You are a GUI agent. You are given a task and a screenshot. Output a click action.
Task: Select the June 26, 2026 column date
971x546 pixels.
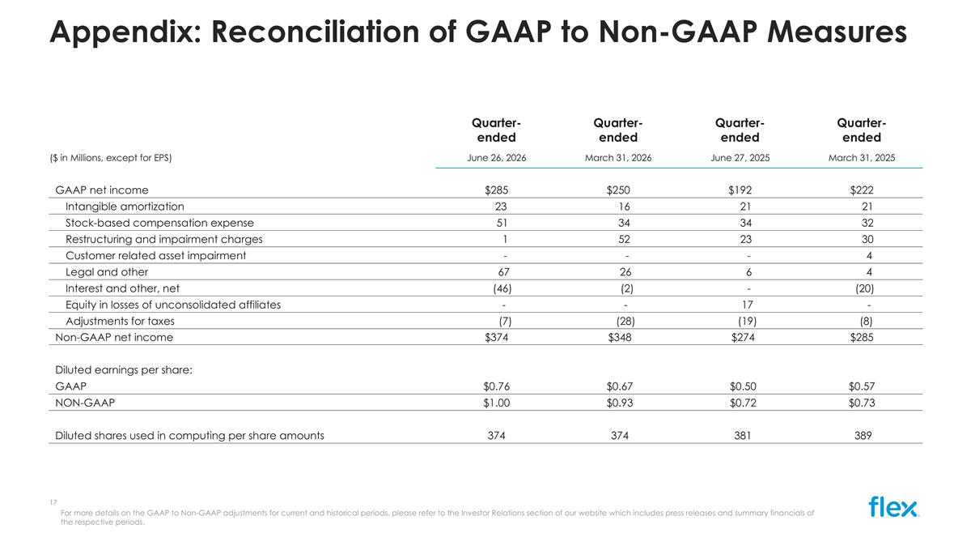point(496,158)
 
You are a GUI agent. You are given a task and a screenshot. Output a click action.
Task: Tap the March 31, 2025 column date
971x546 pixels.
point(862,158)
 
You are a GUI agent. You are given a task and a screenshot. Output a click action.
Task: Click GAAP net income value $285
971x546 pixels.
point(496,190)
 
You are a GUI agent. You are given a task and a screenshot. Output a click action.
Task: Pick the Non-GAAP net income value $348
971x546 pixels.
point(620,337)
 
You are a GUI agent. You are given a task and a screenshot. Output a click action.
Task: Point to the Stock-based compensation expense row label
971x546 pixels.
point(159,223)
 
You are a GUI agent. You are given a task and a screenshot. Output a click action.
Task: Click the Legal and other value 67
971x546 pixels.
point(503,272)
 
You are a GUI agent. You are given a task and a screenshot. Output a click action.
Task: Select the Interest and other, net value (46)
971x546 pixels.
point(502,288)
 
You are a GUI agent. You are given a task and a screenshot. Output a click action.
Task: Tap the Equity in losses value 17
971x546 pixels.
point(748,305)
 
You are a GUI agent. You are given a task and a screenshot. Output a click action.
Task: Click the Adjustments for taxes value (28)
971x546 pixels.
point(625,321)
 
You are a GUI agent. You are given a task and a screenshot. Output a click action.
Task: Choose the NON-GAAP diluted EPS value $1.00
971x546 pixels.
point(496,403)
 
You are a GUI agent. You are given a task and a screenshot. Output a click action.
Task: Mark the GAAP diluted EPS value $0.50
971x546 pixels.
point(743,386)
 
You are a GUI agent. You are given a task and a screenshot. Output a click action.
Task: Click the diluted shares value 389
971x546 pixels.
point(863,435)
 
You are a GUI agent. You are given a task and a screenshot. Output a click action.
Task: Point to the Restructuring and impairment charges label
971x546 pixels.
point(163,240)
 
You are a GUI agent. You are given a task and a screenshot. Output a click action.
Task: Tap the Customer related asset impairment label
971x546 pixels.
point(155,256)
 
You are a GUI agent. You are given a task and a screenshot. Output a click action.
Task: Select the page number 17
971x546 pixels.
point(53,502)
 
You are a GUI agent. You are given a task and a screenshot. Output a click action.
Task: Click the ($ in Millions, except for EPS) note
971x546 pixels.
point(111,158)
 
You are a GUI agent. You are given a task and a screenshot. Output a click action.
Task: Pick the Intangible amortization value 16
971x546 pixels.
point(624,207)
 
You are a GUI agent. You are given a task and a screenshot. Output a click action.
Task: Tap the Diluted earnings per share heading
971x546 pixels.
point(124,370)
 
